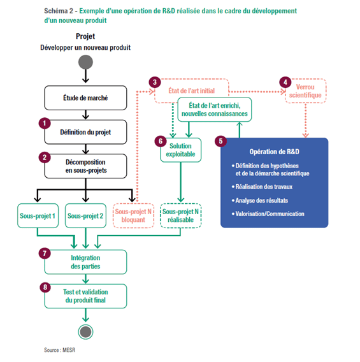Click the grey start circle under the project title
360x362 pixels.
[85, 62]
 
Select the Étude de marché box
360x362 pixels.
[85, 98]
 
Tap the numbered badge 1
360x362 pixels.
[45, 123]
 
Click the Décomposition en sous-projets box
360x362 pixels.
[85, 166]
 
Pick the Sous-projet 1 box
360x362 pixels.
[38, 216]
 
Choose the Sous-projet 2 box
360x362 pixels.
[85, 216]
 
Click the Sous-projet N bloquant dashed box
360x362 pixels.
[133, 216]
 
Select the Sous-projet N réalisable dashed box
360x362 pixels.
[181, 216]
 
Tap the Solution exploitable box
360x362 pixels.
[181, 150]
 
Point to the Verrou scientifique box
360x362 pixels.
[306, 91]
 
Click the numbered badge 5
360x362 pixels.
[220, 141]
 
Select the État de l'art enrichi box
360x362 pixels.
[215, 110]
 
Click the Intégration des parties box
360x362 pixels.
[85, 262]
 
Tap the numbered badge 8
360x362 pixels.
[45, 287]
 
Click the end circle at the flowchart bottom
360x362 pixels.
[85, 332]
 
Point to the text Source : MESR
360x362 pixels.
[60, 350]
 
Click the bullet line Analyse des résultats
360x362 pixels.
[260, 200]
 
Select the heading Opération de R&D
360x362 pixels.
[275, 152]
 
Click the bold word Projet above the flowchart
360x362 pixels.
[85, 36]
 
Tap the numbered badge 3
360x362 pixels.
[155, 82]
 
